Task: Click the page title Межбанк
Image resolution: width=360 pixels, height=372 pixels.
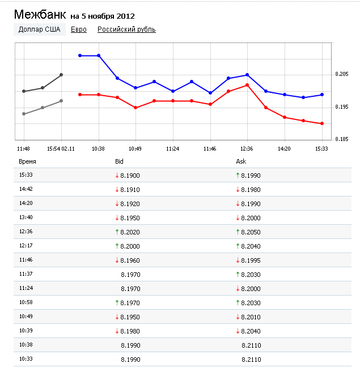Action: [39, 14]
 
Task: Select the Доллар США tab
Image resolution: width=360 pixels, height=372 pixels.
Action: [39, 29]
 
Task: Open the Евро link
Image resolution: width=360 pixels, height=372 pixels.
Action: [79, 29]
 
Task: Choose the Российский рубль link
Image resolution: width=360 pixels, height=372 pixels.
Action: [126, 29]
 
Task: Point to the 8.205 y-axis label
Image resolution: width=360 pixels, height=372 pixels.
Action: [341, 74]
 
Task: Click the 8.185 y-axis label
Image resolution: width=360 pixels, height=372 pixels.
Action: [341, 139]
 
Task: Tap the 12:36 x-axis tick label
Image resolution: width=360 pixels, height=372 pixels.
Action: [247, 148]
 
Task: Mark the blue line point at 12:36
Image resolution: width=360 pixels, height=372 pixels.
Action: [247, 75]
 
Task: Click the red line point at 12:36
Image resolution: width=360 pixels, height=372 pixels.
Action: [247, 85]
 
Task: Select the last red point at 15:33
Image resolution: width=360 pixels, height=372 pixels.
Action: [322, 123]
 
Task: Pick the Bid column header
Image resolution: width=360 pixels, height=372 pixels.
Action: [119, 162]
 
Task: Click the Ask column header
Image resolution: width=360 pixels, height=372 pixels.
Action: [241, 162]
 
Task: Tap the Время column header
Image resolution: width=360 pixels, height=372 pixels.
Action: [27, 162]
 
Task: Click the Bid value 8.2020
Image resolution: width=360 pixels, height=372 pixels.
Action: [130, 232]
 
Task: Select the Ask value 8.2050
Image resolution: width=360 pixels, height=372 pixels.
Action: [251, 232]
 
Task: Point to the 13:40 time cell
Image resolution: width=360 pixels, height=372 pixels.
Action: [26, 217]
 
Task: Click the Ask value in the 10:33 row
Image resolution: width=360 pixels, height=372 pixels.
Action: [251, 359]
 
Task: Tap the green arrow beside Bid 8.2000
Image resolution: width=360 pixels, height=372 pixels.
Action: [117, 246]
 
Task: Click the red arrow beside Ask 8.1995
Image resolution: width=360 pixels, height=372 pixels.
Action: [238, 260]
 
